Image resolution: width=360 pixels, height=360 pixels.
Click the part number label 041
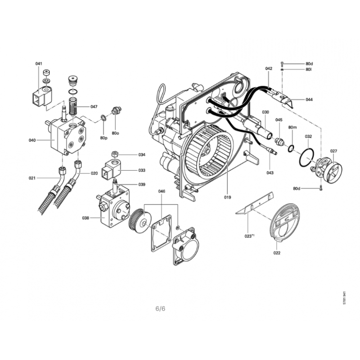tap(39, 63)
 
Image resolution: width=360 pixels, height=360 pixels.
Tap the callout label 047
tap(94, 107)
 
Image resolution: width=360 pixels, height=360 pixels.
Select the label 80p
tap(104, 138)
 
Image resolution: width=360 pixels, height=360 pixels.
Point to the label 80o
tap(115, 133)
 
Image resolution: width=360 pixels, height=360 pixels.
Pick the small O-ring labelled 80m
tap(291, 148)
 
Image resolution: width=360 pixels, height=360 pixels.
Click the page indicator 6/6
tap(160, 308)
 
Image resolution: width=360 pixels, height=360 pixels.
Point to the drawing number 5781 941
tap(344, 298)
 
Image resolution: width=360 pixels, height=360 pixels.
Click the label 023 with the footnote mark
tap(249, 236)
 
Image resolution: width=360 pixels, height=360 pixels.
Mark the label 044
tap(309, 99)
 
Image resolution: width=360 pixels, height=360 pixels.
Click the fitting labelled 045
tap(279, 141)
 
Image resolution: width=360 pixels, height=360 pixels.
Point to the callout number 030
tap(265, 112)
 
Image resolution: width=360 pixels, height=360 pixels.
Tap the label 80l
tap(309, 69)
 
